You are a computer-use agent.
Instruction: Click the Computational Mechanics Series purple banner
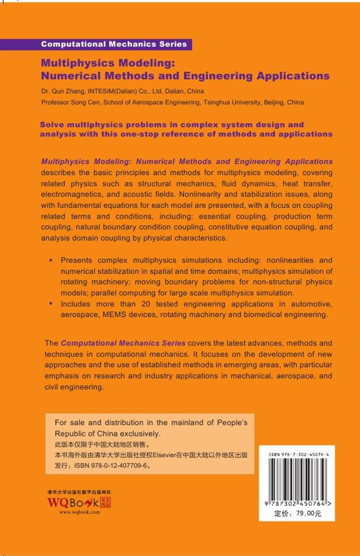114,44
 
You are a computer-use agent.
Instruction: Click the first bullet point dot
52,260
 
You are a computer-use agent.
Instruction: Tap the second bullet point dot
52,304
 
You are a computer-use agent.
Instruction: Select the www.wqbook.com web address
79,512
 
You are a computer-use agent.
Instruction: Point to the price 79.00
309,513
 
